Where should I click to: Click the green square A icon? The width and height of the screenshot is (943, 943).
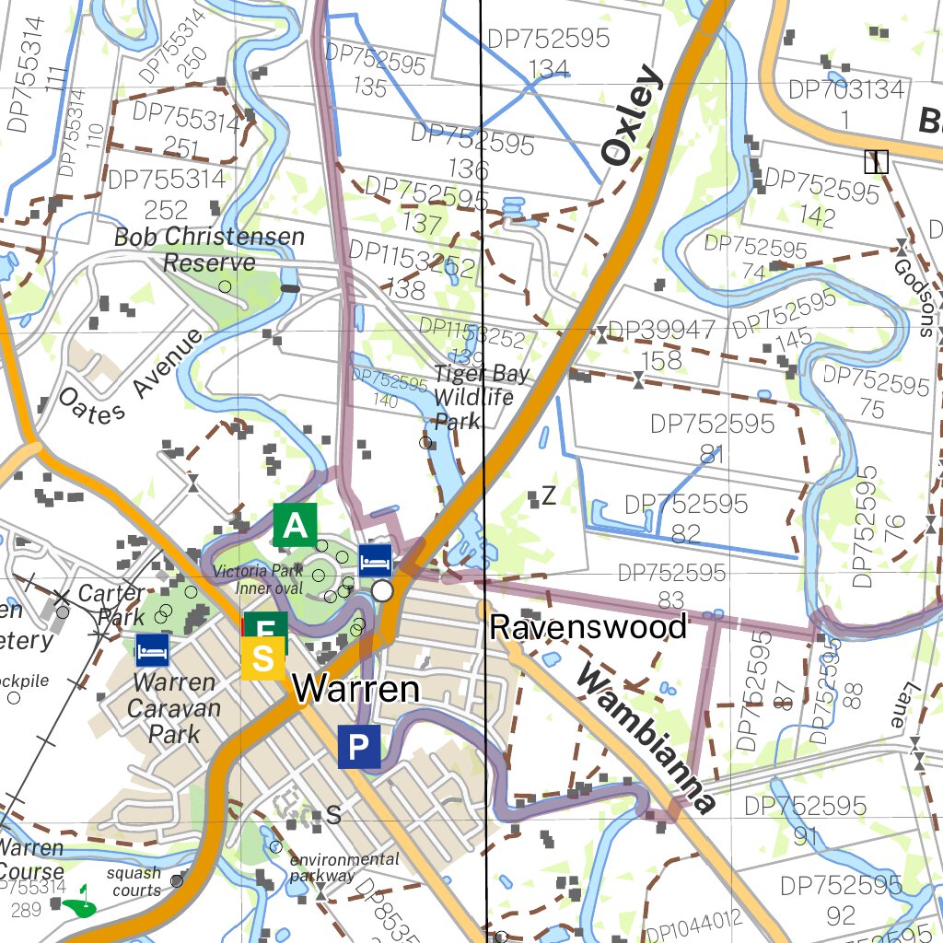[295, 525]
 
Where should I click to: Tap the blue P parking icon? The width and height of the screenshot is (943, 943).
[359, 746]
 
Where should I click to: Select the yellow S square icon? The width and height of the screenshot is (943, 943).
[263, 659]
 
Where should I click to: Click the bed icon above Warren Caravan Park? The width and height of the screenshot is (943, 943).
[153, 649]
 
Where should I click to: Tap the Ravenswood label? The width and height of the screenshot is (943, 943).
[588, 627]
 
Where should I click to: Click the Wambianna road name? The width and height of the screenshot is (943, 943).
[646, 739]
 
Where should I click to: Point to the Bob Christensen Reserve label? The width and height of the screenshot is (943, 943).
[209, 250]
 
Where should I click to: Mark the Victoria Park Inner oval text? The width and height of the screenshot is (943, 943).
[258, 579]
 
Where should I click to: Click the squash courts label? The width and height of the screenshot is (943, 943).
[134, 881]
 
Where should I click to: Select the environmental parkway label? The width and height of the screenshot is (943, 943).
[344, 867]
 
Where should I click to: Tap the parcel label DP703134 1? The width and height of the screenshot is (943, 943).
[846, 103]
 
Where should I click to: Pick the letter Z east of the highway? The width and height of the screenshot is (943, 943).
[549, 497]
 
